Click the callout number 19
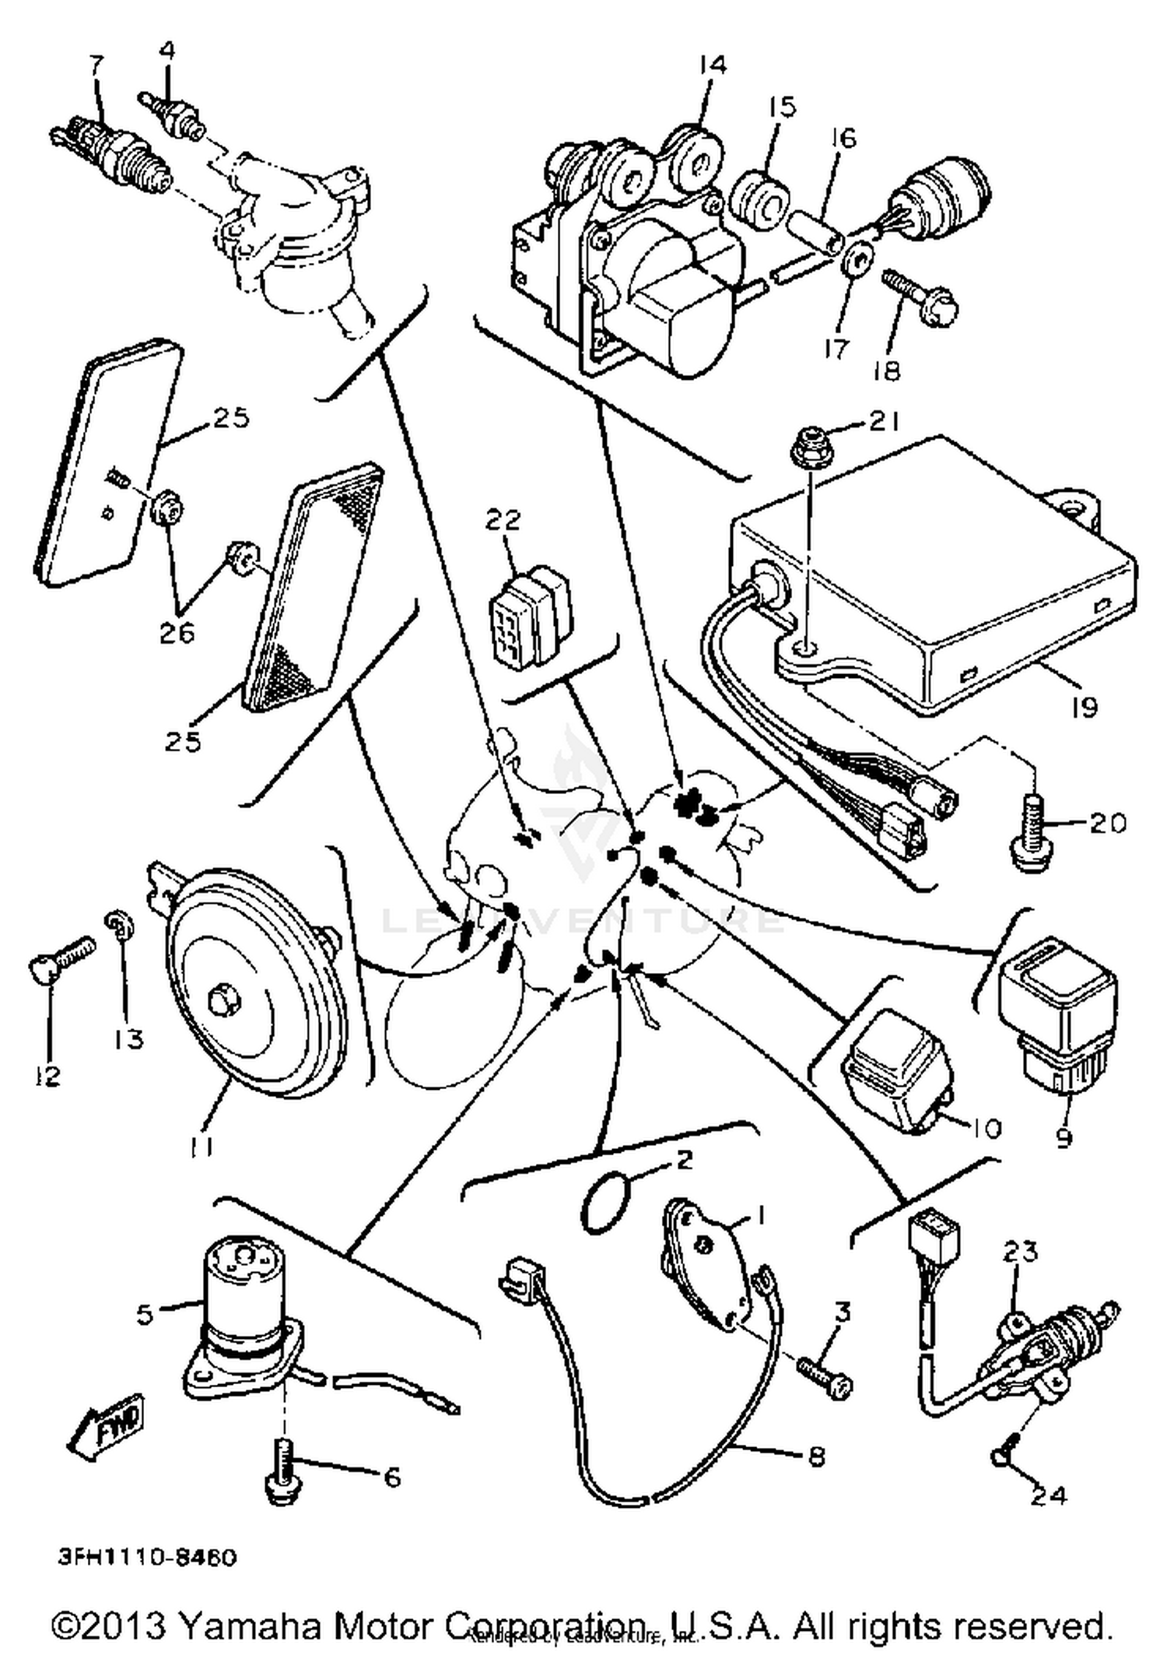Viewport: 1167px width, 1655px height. (1085, 707)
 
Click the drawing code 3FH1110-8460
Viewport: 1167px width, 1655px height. (147, 1557)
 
